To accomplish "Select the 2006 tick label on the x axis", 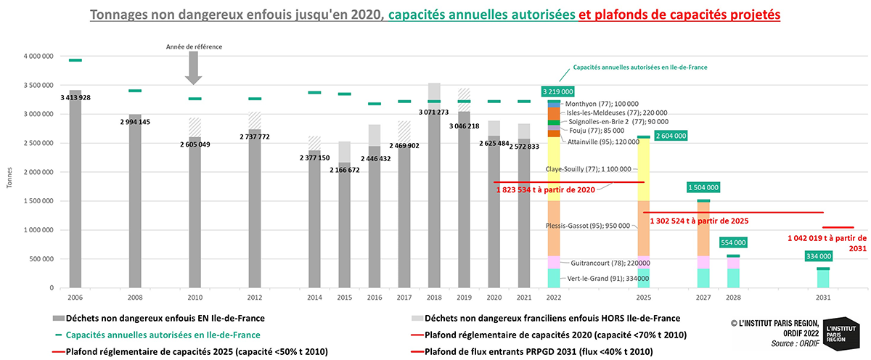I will tap(75, 298).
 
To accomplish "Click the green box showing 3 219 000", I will tap(557, 91).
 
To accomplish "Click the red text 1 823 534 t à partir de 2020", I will tap(545, 189).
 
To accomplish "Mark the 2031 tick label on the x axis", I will tap(823, 298).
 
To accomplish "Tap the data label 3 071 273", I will tap(433, 112).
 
